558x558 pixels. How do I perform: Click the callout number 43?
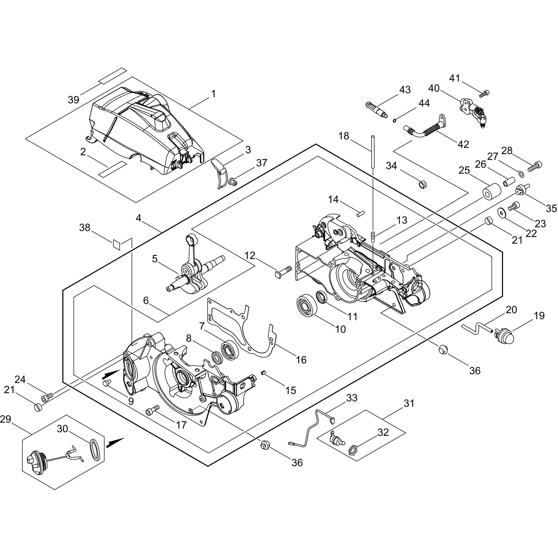pos(405,90)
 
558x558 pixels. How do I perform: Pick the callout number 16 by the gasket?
pos(301,360)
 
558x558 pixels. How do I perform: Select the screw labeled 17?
pos(153,410)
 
